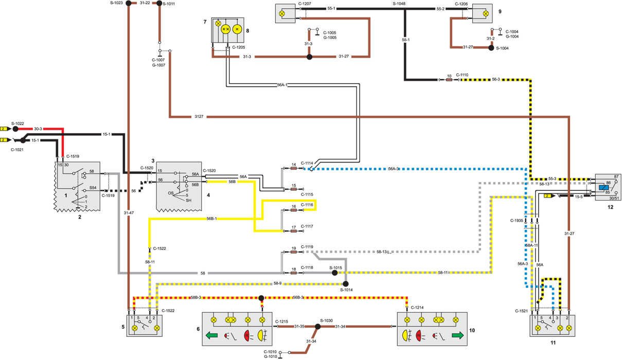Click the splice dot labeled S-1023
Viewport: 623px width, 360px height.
coord(128,4)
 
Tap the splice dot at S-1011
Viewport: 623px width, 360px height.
coord(159,4)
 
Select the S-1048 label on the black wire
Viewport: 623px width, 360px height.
coord(399,3)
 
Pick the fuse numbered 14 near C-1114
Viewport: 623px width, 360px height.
coord(294,169)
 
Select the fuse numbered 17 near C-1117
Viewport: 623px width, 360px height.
coord(294,230)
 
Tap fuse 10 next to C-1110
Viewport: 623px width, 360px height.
coord(449,80)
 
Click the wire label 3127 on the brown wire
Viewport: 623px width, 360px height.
coord(199,117)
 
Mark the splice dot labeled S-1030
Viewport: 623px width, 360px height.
coord(318,326)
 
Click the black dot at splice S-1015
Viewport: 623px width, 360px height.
coord(334,273)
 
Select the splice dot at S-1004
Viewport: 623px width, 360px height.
coord(491,48)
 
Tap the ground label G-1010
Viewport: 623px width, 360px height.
coord(270,356)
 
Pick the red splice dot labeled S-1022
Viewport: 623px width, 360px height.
coord(15,129)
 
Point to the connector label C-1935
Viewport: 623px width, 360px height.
coord(517,220)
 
